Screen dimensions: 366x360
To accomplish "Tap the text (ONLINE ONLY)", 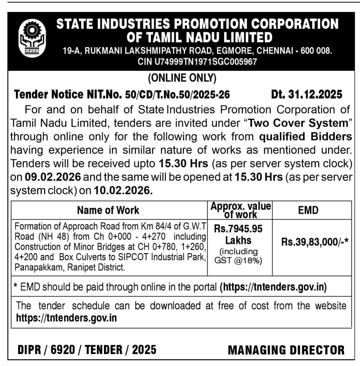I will (182, 78).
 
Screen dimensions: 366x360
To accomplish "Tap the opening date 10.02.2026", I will (123, 191).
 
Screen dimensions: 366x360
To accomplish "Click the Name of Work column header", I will (108, 210).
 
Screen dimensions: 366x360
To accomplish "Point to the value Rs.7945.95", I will (238, 229).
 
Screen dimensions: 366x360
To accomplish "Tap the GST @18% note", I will (238, 261).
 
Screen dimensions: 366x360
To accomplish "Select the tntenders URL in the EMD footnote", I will (273, 287).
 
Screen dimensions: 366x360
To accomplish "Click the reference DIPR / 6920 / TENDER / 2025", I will (87, 350).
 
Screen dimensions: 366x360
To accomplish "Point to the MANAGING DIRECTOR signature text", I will (286, 350).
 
